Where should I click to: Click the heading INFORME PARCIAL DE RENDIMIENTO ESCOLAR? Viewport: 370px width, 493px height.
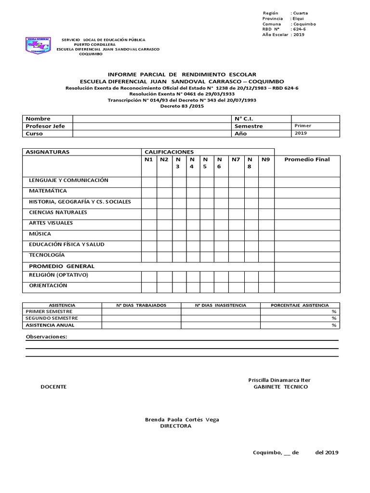coord(182,75)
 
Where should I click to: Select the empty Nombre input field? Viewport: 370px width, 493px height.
coord(151,118)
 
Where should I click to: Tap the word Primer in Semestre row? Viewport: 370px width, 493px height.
coord(303,126)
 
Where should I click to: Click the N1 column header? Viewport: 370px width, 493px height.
coord(148,159)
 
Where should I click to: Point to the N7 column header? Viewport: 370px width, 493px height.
coord(236,159)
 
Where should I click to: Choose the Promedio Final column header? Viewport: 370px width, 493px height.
coord(307,159)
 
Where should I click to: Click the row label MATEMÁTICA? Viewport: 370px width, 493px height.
coord(48,191)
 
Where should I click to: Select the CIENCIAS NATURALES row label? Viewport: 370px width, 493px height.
coord(58,212)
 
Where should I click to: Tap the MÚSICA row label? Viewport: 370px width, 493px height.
coord(40,234)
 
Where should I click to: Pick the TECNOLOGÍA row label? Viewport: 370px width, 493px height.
coord(47,255)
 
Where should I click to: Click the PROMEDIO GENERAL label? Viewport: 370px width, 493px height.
coord(62,266)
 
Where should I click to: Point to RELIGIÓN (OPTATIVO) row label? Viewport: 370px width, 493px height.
coord(59,275)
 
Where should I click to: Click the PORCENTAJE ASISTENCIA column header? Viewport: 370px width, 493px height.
coord(300,305)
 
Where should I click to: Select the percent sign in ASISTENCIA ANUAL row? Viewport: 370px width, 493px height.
coord(334,325)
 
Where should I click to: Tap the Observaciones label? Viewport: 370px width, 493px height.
coord(46,337)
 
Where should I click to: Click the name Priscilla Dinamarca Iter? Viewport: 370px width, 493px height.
coord(282,380)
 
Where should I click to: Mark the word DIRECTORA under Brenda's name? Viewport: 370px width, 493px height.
coord(175,426)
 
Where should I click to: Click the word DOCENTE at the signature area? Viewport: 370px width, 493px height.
coord(53,387)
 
